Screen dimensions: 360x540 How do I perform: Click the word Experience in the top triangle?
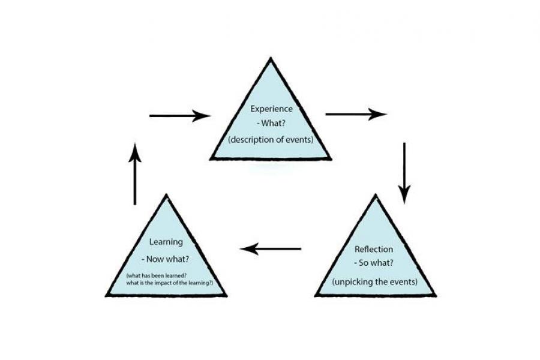tap(271, 109)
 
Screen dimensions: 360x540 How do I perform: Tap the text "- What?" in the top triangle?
tap(271, 125)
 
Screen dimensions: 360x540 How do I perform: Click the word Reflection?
tap(374, 249)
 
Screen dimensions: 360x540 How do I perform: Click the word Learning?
tap(166, 242)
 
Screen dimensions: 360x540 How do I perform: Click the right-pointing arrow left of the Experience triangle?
tap(179, 115)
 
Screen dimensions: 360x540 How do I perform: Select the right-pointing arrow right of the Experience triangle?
tap(356, 114)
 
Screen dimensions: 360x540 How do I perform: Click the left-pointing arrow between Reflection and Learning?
tap(271, 248)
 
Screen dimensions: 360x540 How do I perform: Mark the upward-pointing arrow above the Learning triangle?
tap(136, 174)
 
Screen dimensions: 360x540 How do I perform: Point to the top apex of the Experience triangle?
tap(271, 58)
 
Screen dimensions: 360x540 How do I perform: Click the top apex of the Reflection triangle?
tap(376, 195)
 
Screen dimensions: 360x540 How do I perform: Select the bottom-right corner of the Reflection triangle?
tap(435, 295)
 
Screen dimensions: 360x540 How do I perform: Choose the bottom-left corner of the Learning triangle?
tap(106, 295)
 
